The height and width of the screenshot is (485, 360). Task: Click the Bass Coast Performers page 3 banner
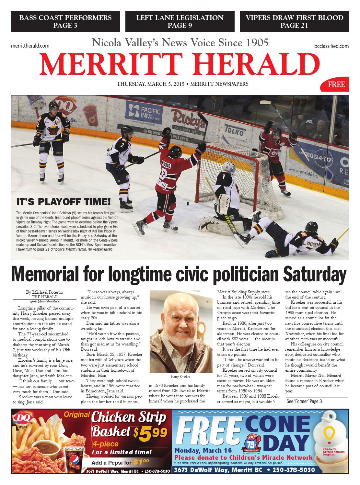(x=65, y=21)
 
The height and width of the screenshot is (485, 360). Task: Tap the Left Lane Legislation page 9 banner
(x=180, y=21)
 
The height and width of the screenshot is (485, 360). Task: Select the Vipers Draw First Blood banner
(x=294, y=21)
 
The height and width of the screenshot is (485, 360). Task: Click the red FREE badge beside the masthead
(x=336, y=85)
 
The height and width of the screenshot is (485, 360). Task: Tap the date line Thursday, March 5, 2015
(x=150, y=84)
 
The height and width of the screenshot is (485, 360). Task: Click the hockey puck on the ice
(x=187, y=204)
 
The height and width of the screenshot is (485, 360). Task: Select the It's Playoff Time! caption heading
(x=63, y=202)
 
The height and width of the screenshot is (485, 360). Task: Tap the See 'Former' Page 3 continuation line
(x=304, y=401)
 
